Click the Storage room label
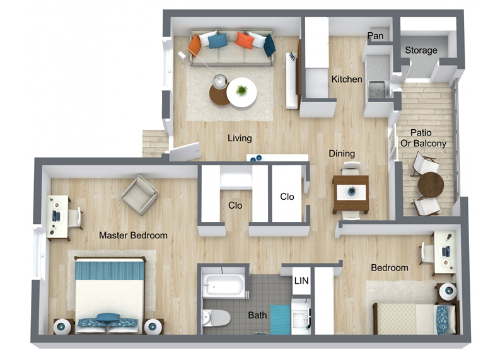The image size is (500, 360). point(421,50)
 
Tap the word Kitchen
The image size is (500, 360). point(347,79)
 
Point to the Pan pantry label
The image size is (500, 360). point(375,36)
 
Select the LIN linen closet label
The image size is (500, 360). point(301,281)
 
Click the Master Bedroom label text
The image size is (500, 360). point(133,235)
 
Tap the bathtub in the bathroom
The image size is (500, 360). point(224,286)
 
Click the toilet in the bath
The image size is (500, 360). point(216,318)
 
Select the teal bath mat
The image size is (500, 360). point(281,320)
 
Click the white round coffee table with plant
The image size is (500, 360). point(241,93)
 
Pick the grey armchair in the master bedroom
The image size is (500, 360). point(139,195)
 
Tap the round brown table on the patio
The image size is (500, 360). point(431,185)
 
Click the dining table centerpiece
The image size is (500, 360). point(351,191)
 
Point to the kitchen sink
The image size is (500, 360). point(376,89)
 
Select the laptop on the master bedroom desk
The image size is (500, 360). point(57,216)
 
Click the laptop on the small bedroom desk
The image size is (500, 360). point(446,252)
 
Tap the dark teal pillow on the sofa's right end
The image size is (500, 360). point(269,45)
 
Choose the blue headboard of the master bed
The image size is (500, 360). point(110,270)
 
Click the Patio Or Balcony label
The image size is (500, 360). point(423,138)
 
